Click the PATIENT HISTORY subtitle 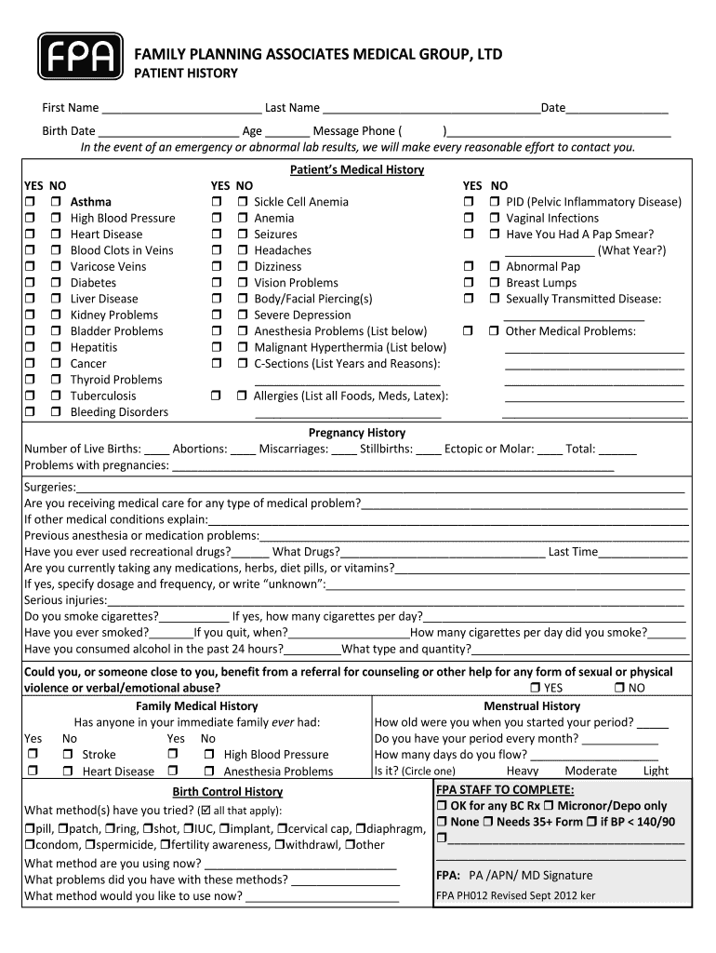pyautogui.click(x=187, y=74)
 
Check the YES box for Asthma pyautogui.click(x=30, y=202)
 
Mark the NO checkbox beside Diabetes pyautogui.click(x=56, y=283)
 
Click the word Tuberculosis pyautogui.click(x=103, y=396)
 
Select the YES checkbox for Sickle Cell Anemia pyautogui.click(x=217, y=202)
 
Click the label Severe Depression pyautogui.click(x=302, y=315)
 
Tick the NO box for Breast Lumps pyautogui.click(x=494, y=283)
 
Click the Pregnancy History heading pyautogui.click(x=357, y=433)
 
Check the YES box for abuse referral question pyautogui.click(x=536, y=688)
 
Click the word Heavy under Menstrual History pyautogui.click(x=522, y=771)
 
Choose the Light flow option pyautogui.click(x=656, y=771)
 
